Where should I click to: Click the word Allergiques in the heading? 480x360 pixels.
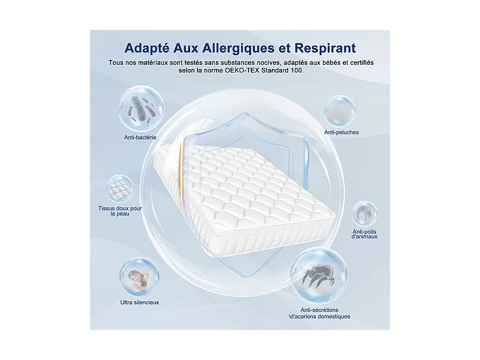225,47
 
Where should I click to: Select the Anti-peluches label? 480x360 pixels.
341,132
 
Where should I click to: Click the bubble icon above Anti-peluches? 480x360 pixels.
340,110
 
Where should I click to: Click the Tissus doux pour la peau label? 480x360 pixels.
120,211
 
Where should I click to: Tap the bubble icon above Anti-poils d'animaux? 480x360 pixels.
364,214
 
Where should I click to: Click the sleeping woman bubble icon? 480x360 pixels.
139,278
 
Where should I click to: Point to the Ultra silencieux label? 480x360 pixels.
139,302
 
